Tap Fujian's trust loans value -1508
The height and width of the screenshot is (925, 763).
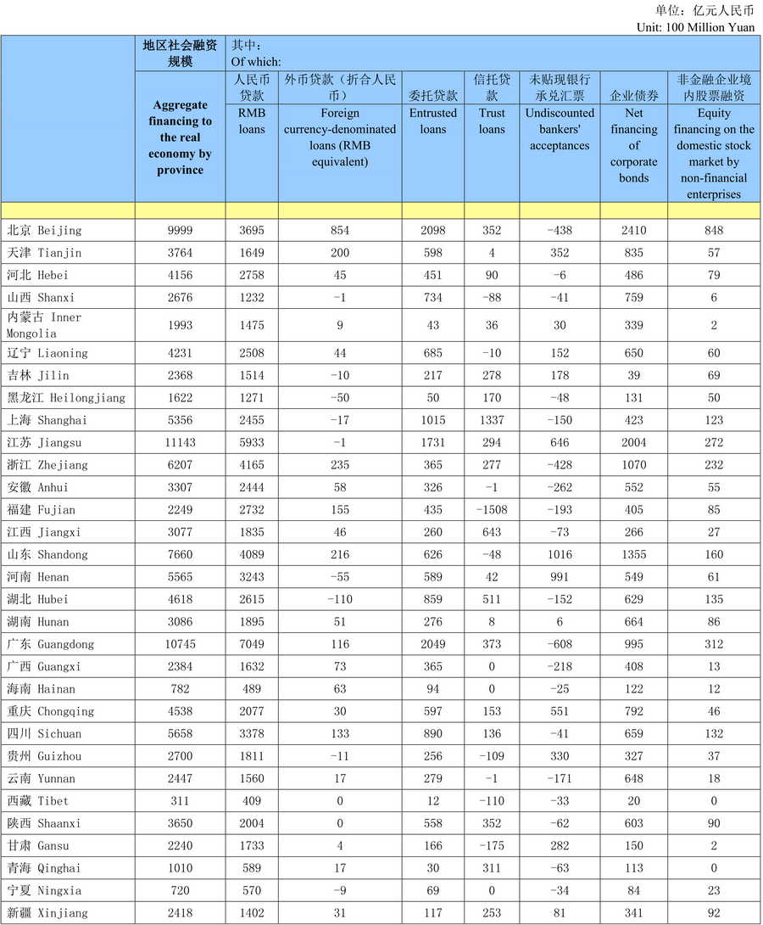(x=492, y=510)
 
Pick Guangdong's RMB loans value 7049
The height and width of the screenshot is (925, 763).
(x=251, y=644)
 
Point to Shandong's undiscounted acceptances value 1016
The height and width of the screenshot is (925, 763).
(x=560, y=555)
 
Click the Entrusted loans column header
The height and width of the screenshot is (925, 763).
(x=433, y=121)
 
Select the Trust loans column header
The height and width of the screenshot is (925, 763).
(x=492, y=121)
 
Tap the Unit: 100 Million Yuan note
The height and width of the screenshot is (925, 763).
(x=695, y=27)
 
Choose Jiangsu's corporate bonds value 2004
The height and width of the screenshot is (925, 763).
(x=634, y=443)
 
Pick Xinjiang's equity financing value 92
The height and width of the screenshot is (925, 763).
(x=714, y=913)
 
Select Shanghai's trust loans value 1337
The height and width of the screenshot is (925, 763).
(x=492, y=420)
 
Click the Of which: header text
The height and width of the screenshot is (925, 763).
(x=256, y=61)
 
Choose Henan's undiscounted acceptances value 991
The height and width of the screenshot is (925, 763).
(x=560, y=577)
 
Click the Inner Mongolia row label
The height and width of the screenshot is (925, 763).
(x=44, y=325)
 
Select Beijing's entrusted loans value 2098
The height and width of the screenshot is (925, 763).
(x=433, y=230)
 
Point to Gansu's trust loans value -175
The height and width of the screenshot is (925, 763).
(x=492, y=846)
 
